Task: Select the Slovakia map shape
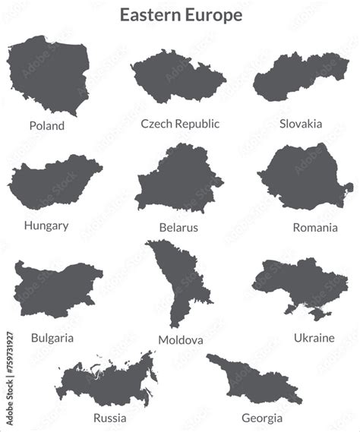point(300,76)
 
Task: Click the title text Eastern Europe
point(181,15)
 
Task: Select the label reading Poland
point(47,125)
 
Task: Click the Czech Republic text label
point(180,123)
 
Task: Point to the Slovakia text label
point(301,123)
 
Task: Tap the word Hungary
point(46,225)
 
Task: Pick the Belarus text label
point(178,227)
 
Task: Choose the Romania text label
point(315,227)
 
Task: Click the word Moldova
point(181,339)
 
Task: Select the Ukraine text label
point(314,337)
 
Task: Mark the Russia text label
point(110,418)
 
